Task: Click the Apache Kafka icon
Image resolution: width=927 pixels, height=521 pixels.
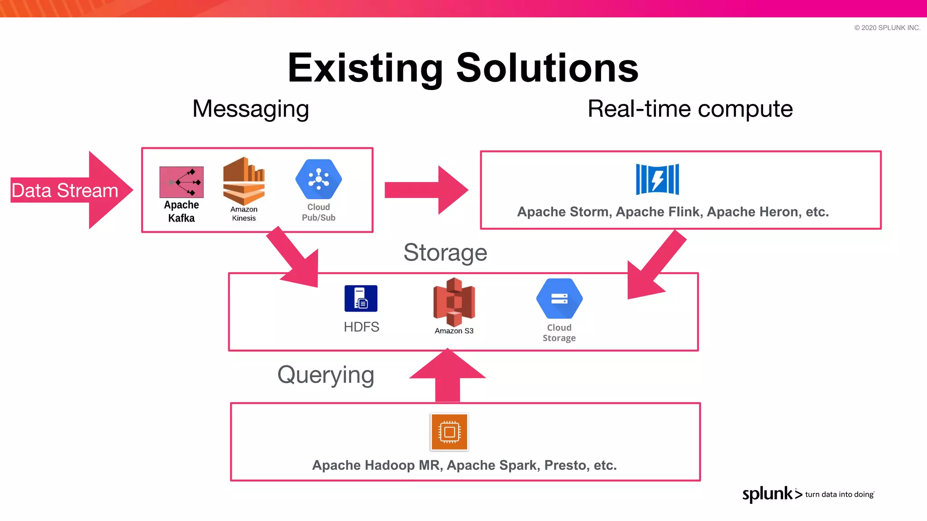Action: [x=182, y=182]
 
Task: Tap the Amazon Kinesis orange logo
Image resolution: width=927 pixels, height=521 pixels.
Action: [x=244, y=181]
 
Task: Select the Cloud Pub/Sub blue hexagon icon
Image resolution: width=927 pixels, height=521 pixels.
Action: [x=319, y=179]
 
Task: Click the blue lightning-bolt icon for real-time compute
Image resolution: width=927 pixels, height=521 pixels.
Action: [x=657, y=179]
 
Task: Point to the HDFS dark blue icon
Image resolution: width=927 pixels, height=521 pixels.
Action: [x=361, y=298]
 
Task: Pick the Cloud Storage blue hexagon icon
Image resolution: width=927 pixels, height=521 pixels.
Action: [x=559, y=299]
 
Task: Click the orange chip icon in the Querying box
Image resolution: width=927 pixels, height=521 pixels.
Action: [x=449, y=432]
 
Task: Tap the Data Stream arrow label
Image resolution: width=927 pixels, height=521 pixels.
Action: [x=65, y=190]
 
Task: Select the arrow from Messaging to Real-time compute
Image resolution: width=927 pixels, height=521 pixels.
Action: [x=425, y=190]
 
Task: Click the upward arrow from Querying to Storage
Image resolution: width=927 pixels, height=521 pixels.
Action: [x=448, y=375]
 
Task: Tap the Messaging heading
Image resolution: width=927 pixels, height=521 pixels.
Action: [x=251, y=109]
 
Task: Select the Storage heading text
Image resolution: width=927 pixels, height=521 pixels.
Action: [x=445, y=252]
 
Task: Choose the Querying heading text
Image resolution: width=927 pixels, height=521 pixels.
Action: [x=326, y=375]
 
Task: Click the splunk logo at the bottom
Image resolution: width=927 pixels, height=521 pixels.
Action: [x=768, y=494]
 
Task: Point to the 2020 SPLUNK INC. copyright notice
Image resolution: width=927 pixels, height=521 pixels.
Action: [x=887, y=28]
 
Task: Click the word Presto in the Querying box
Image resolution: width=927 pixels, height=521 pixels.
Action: [x=567, y=465]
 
